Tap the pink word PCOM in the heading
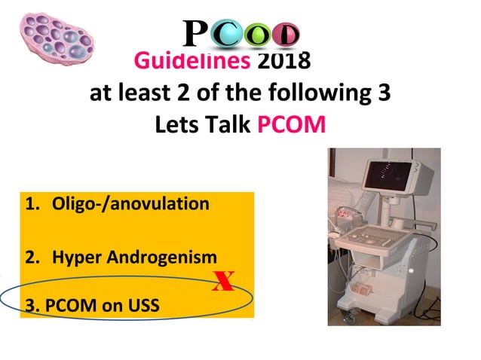(x=291, y=123)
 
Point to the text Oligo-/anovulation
(x=130, y=204)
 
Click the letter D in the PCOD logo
(x=287, y=35)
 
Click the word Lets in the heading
(x=176, y=123)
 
